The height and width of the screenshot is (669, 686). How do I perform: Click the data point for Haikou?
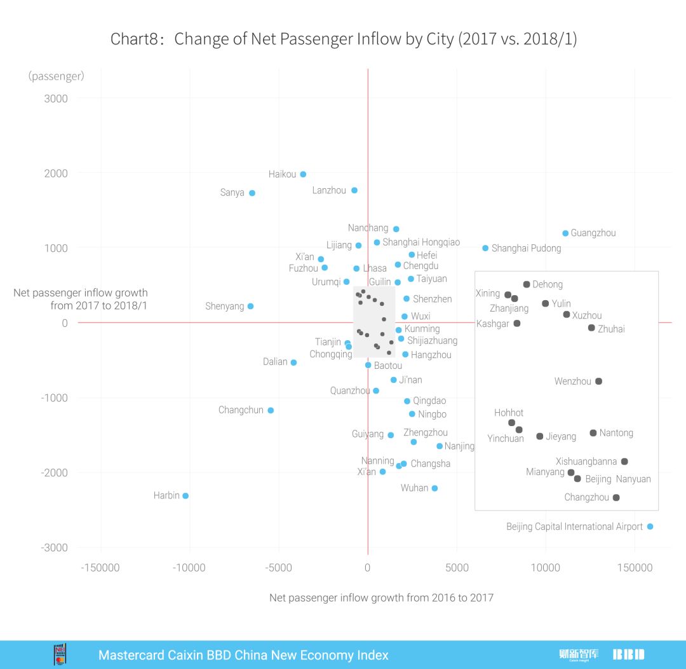(x=303, y=174)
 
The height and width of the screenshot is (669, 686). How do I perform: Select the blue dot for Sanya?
(x=252, y=193)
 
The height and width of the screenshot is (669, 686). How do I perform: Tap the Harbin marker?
(x=185, y=495)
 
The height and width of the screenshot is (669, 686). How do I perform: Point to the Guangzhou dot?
(x=565, y=233)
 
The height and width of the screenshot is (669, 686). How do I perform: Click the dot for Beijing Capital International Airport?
(x=650, y=527)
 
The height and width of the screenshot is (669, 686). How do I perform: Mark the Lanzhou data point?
(x=354, y=190)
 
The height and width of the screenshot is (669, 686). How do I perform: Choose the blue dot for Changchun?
(x=271, y=410)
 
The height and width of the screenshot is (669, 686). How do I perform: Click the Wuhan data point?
(x=434, y=488)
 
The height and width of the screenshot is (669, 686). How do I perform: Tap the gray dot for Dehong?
(x=527, y=284)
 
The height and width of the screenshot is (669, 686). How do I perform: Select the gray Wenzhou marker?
(x=598, y=382)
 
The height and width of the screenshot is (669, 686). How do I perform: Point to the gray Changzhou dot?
(x=616, y=497)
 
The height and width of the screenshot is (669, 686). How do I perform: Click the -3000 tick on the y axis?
(x=56, y=548)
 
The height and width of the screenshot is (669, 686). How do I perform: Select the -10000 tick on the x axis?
(x=189, y=568)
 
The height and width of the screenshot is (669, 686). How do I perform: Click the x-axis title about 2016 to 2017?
(x=381, y=598)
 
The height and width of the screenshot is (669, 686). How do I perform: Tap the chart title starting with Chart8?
(x=343, y=39)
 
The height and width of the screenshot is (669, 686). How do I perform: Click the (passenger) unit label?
(x=56, y=76)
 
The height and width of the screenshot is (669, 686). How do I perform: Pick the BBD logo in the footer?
(x=628, y=654)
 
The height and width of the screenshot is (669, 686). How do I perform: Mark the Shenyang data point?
(x=250, y=306)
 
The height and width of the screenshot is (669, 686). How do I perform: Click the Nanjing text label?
(x=459, y=446)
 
